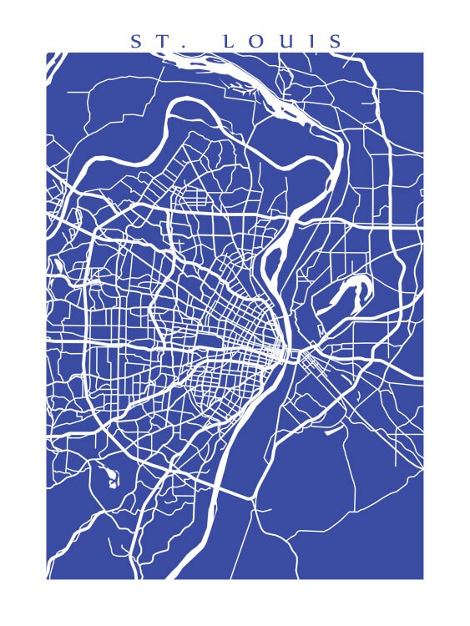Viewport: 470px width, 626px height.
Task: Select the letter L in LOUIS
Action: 229,41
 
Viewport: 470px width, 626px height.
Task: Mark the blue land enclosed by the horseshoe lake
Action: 352,294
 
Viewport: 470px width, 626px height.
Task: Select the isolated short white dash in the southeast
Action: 331,432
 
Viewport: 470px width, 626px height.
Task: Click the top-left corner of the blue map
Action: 47,53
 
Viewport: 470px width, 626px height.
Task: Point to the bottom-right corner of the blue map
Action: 422,578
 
